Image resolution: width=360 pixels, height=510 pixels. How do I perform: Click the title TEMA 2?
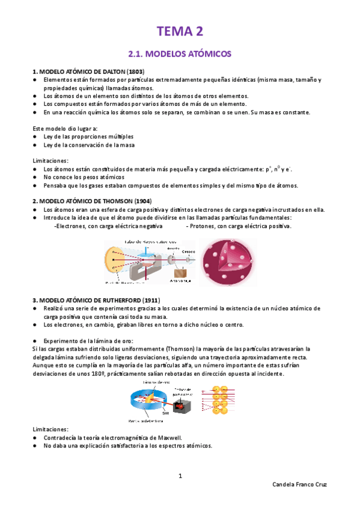click(x=180, y=31)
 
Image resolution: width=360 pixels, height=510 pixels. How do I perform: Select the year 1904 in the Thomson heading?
click(x=142, y=200)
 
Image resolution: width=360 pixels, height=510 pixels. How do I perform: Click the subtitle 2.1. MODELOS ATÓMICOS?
click(x=180, y=54)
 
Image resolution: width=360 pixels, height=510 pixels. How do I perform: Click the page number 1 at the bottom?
click(x=180, y=476)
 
